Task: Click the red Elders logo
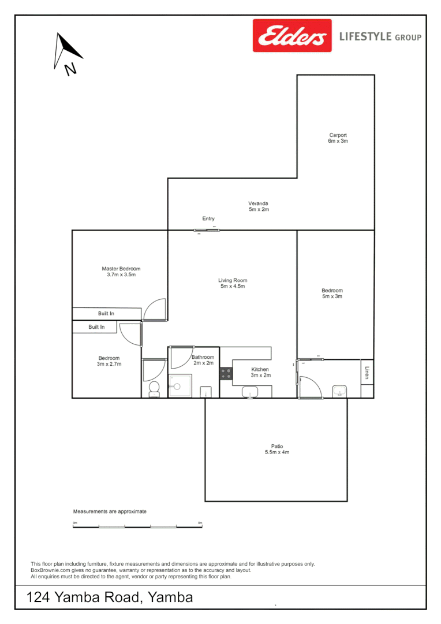coord(292,36)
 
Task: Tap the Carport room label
coord(338,138)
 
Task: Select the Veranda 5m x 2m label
coord(259,206)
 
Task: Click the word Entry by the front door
coord(208,219)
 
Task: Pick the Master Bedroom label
coord(121,272)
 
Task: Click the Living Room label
coord(233,283)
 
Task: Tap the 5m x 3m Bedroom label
coord(332,294)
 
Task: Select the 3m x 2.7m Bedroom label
coord(109,361)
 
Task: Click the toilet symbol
coord(154,389)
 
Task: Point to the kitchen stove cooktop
coord(226,374)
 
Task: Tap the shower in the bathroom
coord(180,385)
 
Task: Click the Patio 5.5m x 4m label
coord(277,449)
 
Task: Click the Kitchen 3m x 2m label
coord(260,372)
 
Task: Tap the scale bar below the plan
coord(137,526)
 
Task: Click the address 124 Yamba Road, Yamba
coord(110,597)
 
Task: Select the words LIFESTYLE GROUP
coord(380,37)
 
